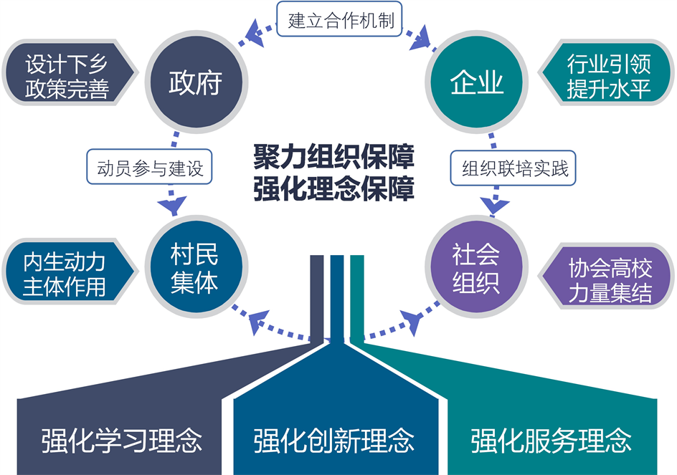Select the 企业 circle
477,83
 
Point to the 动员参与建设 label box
150,169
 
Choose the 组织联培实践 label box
514,169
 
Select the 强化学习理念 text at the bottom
121,438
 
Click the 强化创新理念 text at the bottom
334,438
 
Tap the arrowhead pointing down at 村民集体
171,206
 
